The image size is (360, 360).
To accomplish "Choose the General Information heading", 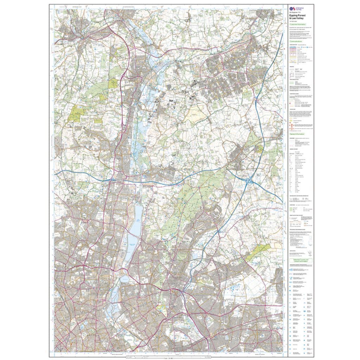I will [297, 134].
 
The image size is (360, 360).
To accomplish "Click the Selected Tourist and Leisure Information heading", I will [301, 261].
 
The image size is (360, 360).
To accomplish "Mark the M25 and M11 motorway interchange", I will [249, 181].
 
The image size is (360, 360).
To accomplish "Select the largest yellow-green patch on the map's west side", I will [76, 113].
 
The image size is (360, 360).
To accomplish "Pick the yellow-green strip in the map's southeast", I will [258, 251].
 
